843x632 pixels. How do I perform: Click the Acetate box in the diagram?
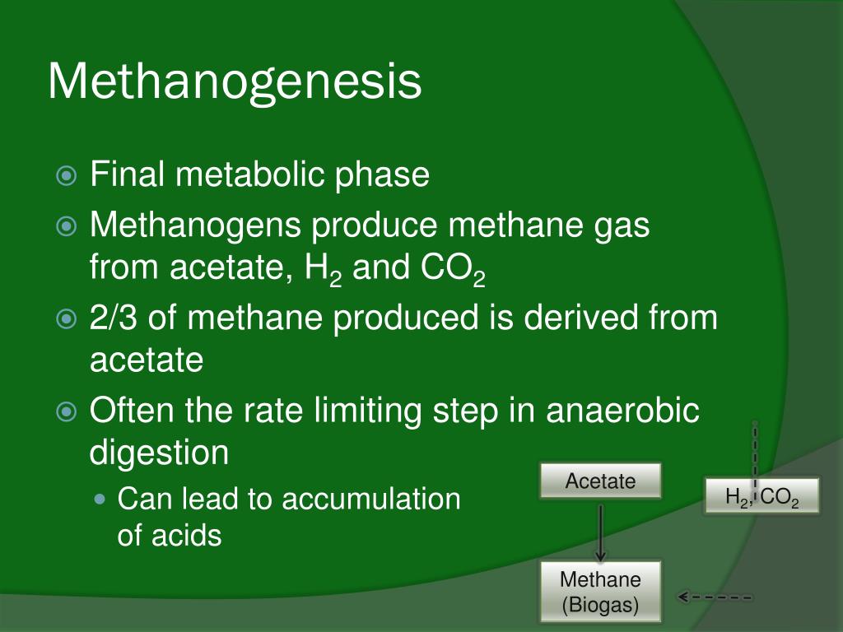click(601, 481)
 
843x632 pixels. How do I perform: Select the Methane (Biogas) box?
click(601, 592)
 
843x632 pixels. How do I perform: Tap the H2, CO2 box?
click(762, 496)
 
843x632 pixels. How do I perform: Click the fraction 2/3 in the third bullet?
click(114, 318)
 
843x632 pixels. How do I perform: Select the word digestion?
click(158, 452)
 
